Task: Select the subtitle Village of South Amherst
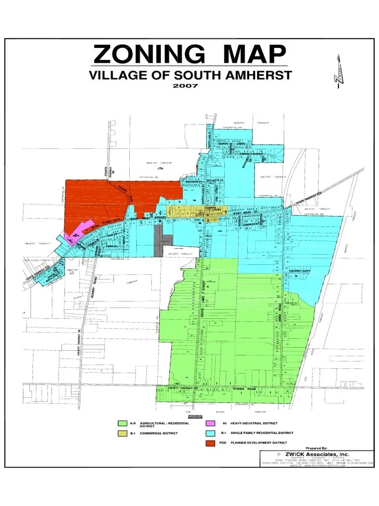click(x=190, y=76)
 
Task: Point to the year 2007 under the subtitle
click(x=185, y=85)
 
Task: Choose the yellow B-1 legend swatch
click(x=122, y=433)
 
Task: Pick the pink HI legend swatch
click(x=211, y=423)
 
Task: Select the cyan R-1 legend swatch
click(x=211, y=433)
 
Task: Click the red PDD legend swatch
click(x=211, y=443)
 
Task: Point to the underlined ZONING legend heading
click(x=195, y=417)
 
